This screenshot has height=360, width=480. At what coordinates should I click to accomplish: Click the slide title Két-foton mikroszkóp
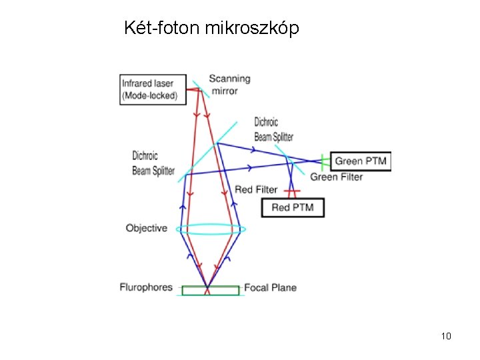click(211, 29)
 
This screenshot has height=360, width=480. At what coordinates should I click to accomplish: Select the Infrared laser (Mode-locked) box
click(150, 89)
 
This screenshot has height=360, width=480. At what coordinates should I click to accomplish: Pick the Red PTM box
click(292, 208)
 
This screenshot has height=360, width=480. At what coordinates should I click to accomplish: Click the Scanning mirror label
click(229, 84)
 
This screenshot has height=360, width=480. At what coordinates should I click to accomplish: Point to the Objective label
click(147, 228)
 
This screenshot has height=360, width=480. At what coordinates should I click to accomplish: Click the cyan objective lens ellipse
click(211, 229)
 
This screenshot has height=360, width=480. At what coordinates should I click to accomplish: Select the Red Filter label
click(256, 190)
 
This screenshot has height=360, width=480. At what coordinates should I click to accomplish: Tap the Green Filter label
click(337, 177)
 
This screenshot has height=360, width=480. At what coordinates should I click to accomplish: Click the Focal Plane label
click(270, 287)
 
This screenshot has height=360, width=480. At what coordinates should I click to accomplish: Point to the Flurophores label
click(146, 287)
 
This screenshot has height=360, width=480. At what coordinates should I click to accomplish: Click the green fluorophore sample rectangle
click(210, 290)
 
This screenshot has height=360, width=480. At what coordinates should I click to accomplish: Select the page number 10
click(446, 335)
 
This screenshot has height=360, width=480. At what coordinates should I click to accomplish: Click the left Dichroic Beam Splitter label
click(153, 163)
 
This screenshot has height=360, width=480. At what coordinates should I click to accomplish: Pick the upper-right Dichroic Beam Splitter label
click(274, 129)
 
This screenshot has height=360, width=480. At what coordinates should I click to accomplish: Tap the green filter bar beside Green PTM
click(323, 161)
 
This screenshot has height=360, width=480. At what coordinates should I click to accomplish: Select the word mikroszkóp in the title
click(253, 29)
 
